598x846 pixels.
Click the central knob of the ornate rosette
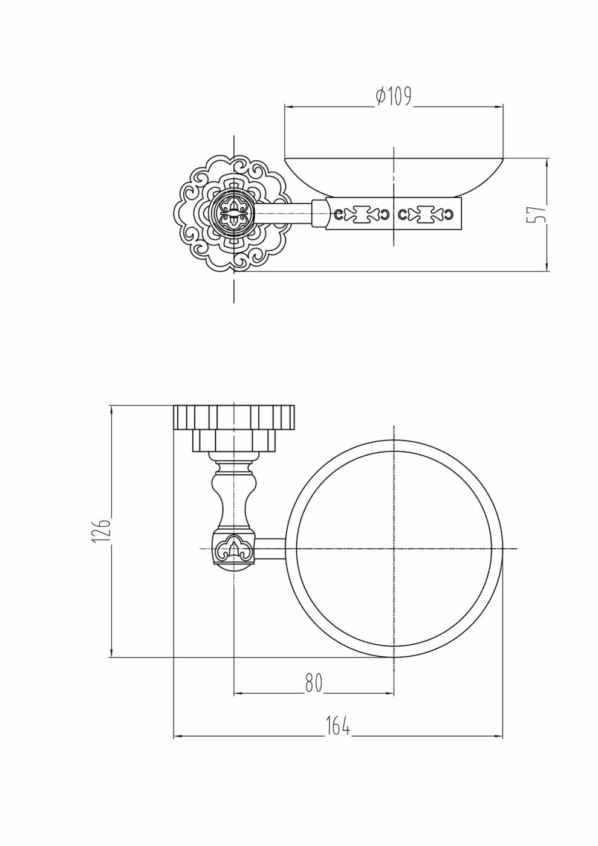coord(234,214)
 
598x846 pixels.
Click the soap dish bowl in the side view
coord(394,176)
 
